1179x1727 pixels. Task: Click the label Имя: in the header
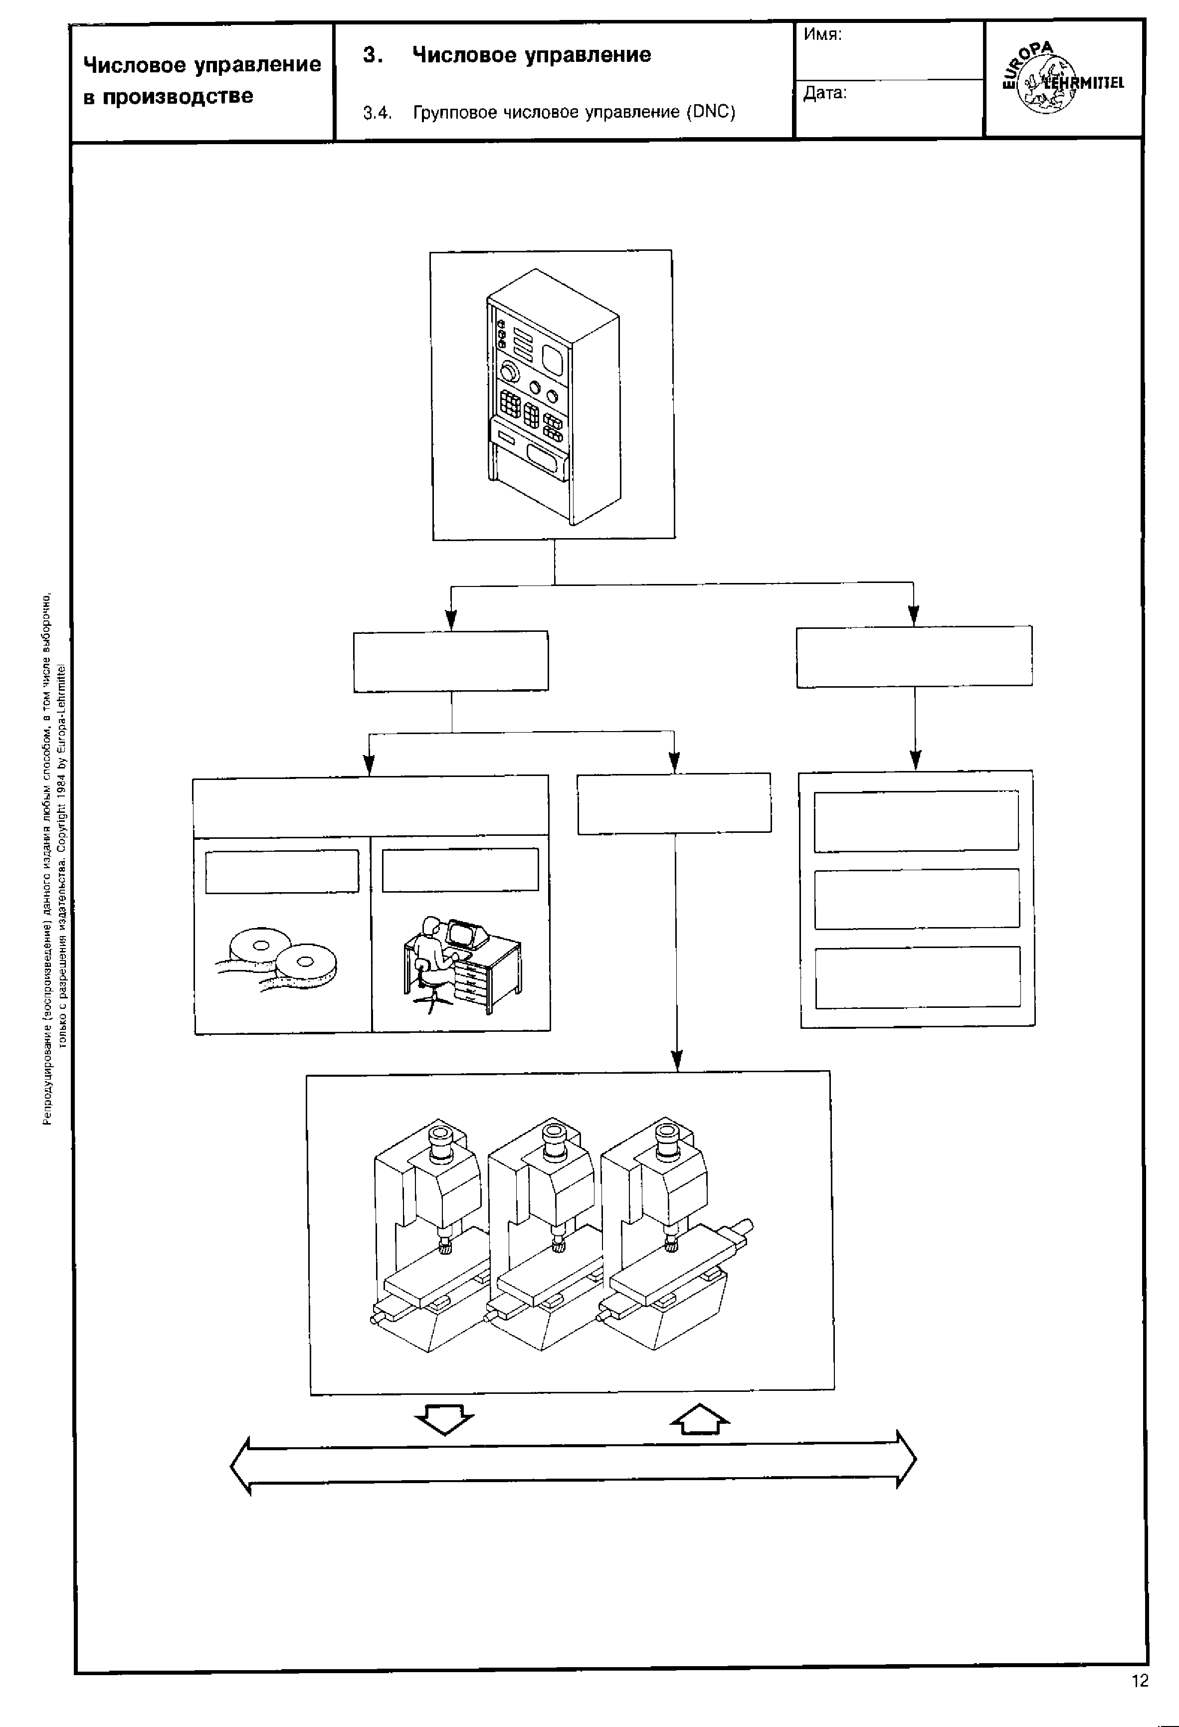[x=822, y=35]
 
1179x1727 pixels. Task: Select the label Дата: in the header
[x=825, y=93]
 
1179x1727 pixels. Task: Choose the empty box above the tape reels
[x=282, y=871]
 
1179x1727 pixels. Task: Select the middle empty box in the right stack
[x=917, y=899]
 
